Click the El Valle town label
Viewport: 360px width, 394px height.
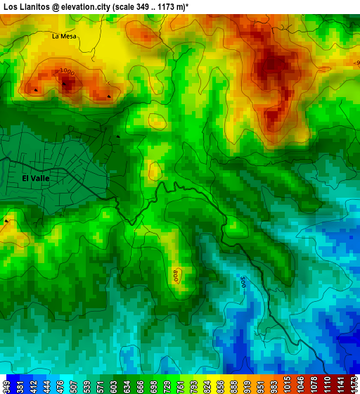click(35, 179)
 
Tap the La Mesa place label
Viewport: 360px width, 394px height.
click(64, 36)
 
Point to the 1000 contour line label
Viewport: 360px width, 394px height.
click(67, 71)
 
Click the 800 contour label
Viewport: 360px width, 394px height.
click(176, 275)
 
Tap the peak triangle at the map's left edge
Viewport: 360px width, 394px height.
click(6, 221)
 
